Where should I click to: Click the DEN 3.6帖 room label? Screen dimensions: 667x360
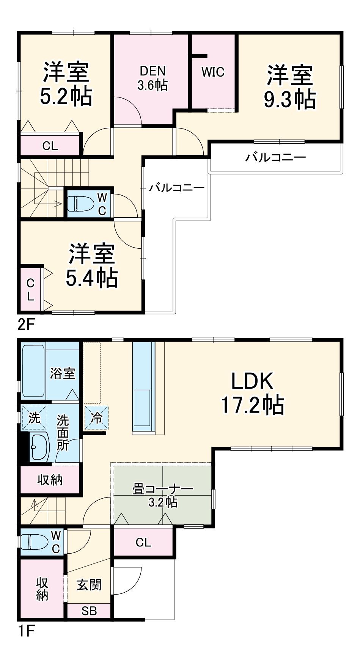pos(152,78)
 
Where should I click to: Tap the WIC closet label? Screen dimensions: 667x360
pos(213,72)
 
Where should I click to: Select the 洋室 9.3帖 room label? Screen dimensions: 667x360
pos(290,87)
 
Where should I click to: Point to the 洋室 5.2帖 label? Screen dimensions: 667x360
pos(66,84)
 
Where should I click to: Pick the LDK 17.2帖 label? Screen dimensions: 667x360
pos(252,393)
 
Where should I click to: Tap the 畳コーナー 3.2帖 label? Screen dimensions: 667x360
pos(162,495)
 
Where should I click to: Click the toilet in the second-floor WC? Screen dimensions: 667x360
pos(80,204)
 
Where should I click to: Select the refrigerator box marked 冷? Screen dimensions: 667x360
pos(97,418)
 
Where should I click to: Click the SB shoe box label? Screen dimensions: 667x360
pos(89,611)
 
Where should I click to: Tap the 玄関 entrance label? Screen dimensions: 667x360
pos(89,585)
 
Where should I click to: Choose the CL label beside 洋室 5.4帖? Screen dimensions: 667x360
pos(30,290)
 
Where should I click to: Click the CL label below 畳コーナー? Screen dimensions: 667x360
pos(143,542)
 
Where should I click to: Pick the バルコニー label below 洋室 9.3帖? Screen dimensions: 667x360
pos(275,157)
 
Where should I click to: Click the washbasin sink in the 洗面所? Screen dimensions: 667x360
pos(38,447)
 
